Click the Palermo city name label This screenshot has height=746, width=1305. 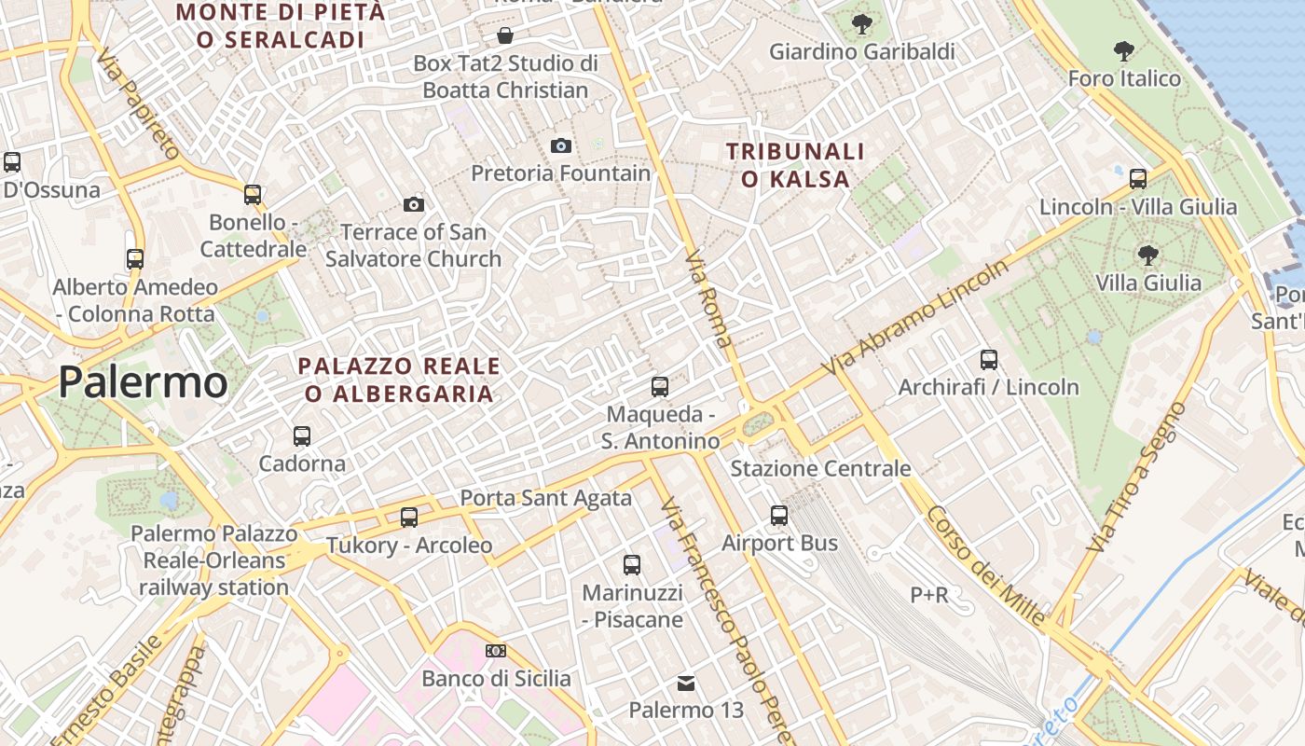pos(143,382)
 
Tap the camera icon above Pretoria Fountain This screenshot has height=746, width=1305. pos(560,145)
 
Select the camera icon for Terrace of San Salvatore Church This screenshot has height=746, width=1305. pos(414,204)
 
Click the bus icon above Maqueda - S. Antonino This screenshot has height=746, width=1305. pos(660,386)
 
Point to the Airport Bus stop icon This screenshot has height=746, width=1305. pos(779,515)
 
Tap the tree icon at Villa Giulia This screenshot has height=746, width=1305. pos(1148,255)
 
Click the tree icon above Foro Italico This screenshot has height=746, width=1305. pos(1124,50)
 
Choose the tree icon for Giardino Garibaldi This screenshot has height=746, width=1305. pos(862,24)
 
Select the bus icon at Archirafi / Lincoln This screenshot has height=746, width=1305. pos(989,359)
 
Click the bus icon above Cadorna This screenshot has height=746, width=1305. pos(301,435)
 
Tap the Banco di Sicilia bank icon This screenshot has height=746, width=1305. pos(496,650)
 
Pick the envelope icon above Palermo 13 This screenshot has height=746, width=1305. pos(686,684)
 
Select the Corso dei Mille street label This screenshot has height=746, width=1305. pos(986,565)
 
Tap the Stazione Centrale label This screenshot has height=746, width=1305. pos(820,468)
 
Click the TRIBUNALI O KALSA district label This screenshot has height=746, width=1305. pos(795,165)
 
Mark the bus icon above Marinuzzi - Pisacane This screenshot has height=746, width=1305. pos(632,564)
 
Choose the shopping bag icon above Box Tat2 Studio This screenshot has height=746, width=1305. pos(504,35)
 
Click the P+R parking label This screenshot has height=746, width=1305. pos(929,594)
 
